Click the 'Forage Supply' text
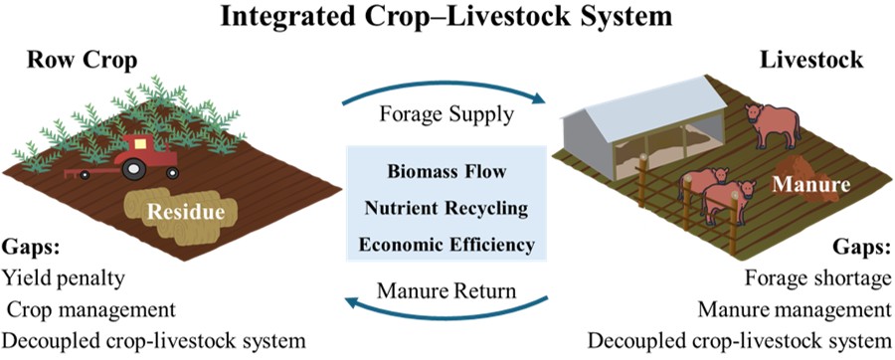pos(447,113)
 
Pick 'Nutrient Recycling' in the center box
pos(447,208)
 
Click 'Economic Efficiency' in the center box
pos(447,244)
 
